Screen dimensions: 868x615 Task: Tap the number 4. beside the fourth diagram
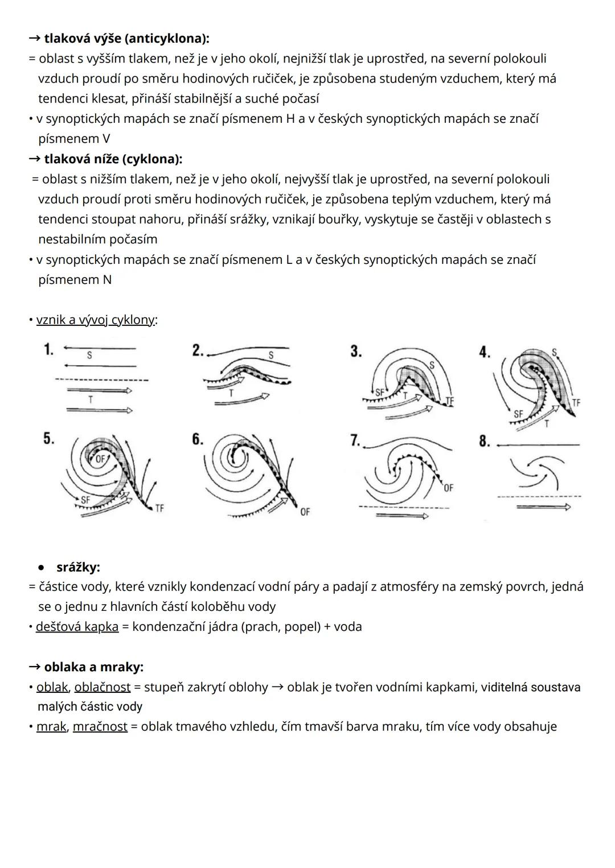[x=484, y=352]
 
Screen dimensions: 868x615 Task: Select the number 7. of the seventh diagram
[x=355, y=440]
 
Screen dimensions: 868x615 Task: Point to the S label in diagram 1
[x=89, y=356]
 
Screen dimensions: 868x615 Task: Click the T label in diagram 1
[x=90, y=400]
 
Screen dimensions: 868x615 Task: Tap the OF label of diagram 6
[x=305, y=512]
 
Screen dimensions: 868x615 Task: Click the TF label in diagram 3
[x=450, y=401]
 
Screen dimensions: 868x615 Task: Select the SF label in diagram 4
[x=518, y=414]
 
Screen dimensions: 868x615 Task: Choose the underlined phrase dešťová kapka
[x=77, y=627]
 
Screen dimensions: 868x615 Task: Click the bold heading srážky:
[x=78, y=567]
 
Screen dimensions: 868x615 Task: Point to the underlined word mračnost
[x=100, y=726]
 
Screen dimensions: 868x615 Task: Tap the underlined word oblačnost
[x=102, y=687]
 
